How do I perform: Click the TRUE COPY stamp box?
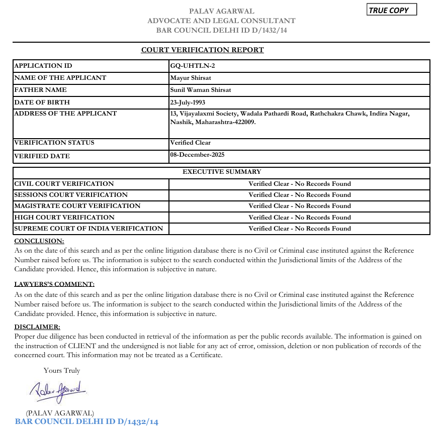point(392,10)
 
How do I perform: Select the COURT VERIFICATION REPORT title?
point(202,50)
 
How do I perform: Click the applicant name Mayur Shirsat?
point(191,78)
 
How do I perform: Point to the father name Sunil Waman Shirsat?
point(200,90)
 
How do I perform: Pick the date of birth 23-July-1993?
point(188,102)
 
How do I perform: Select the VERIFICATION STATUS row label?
point(54,143)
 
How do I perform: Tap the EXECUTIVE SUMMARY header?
point(222,172)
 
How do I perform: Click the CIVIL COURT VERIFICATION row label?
point(64,184)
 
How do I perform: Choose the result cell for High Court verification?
point(299,218)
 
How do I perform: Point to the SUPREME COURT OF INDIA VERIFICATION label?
point(89,229)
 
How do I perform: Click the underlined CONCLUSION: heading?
point(39,241)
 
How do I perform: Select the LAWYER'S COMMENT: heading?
point(54,284)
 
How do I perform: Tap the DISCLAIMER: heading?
point(37,327)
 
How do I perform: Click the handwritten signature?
point(59,389)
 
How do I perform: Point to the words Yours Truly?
point(62,371)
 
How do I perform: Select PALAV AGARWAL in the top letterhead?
point(221,11)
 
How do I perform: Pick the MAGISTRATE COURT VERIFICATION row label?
point(77,206)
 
